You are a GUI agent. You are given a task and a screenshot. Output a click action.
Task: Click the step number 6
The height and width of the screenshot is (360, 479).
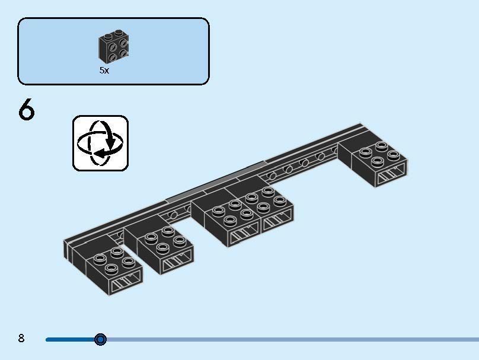pyautogui.click(x=27, y=110)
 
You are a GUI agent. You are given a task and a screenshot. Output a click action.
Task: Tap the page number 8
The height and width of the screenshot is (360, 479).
pyautogui.click(x=21, y=339)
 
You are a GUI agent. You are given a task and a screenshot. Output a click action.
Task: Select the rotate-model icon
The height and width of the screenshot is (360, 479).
pyautogui.click(x=100, y=144)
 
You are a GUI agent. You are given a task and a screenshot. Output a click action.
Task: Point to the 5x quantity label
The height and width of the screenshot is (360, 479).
pyautogui.click(x=104, y=70)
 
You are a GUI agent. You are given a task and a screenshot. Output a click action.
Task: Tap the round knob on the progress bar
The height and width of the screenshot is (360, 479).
pyautogui.click(x=100, y=339)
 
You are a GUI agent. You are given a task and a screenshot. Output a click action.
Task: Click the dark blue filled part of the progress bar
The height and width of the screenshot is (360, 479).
pyautogui.click(x=71, y=339)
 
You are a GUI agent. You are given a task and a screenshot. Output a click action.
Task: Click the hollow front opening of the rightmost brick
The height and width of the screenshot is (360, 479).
pyautogui.click(x=391, y=174)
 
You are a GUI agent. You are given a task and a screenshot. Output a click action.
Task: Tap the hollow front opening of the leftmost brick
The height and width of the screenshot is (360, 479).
pyautogui.click(x=126, y=282)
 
